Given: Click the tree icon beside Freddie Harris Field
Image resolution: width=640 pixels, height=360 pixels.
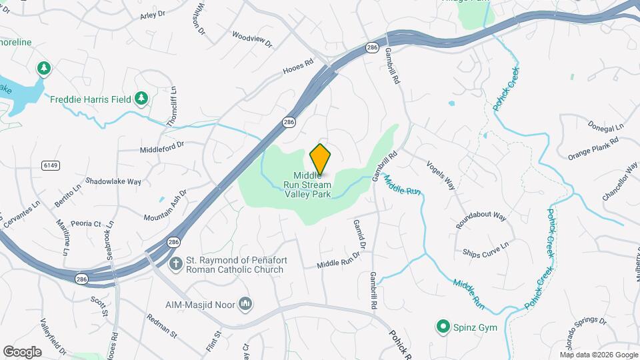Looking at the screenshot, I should (141, 99).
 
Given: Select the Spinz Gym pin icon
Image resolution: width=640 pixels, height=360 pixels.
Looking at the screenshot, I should (442, 327).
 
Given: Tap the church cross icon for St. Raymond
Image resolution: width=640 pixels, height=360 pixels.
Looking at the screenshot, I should (176, 264).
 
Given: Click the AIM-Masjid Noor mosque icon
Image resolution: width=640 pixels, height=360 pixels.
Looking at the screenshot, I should (245, 304).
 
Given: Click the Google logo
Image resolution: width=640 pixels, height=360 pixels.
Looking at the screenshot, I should (22, 352).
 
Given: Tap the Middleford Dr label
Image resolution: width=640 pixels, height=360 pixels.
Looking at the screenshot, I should (161, 149).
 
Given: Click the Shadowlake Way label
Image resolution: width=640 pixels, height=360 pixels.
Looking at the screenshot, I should (113, 181).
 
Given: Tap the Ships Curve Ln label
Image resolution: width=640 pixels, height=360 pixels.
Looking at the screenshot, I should (485, 249).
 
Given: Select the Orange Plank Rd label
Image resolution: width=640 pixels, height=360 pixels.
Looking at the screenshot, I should (593, 149).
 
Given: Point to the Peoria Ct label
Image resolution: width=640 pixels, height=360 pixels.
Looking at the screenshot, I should (88, 223).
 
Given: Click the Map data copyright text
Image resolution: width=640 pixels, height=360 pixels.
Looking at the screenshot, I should (599, 354).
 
